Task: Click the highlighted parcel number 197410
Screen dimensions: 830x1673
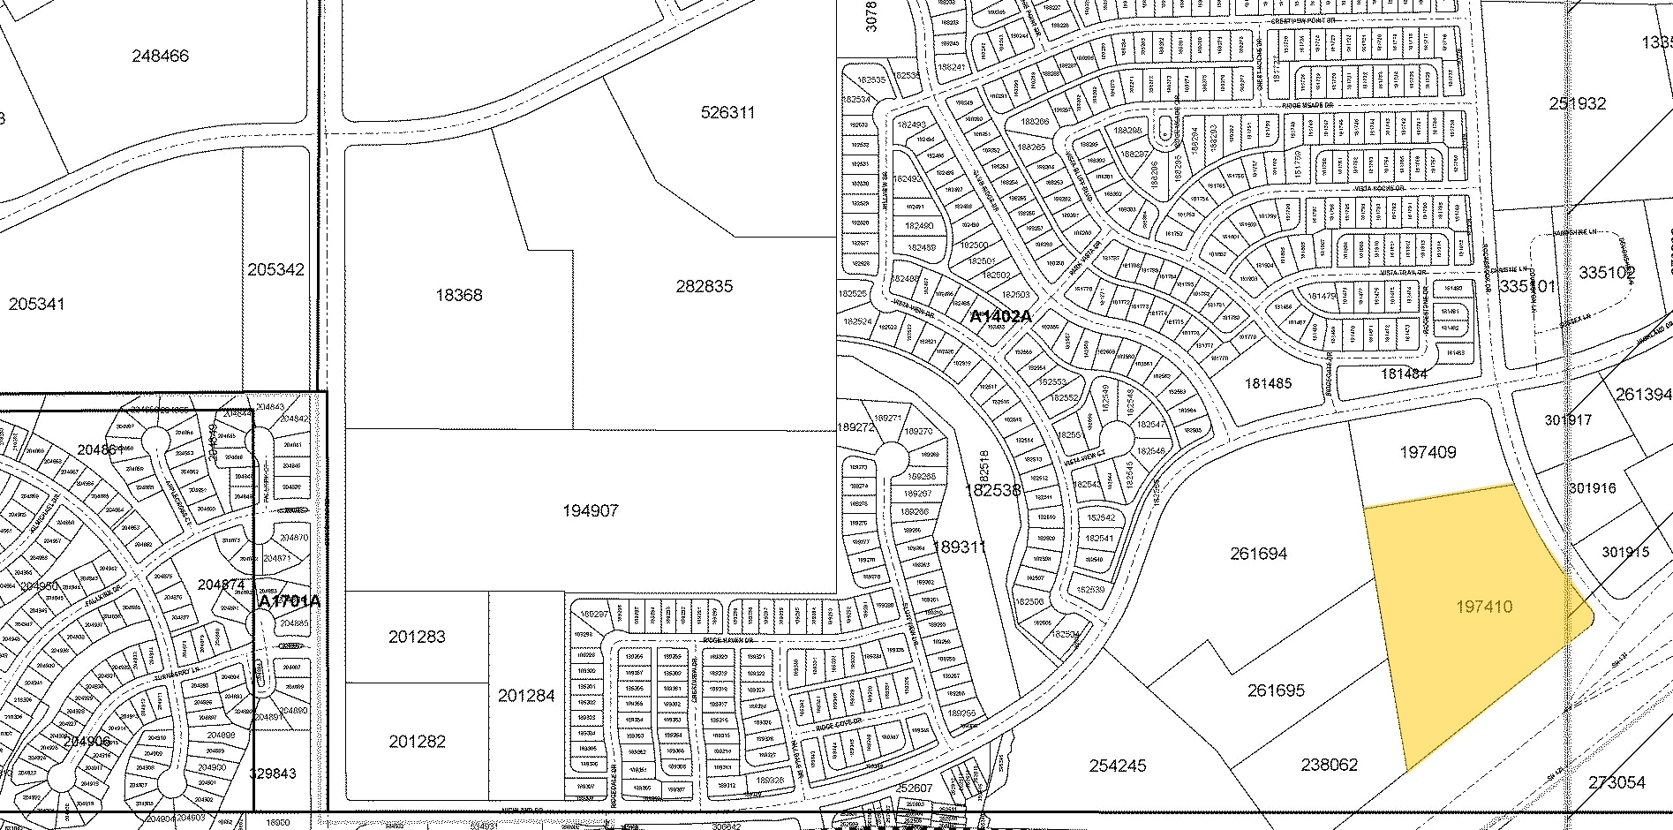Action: pyautogui.click(x=1484, y=607)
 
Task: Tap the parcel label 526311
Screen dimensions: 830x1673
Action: pyautogui.click(x=728, y=112)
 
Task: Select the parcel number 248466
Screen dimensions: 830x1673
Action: pyautogui.click(x=160, y=56)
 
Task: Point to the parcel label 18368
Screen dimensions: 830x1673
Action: pyautogui.click(x=459, y=295)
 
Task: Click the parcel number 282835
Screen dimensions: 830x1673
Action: pyautogui.click(x=705, y=286)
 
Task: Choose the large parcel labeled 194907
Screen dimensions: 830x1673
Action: pyautogui.click(x=590, y=510)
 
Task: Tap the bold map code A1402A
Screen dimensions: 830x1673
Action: pyautogui.click(x=1000, y=316)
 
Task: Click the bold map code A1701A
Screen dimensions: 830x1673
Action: pyautogui.click(x=289, y=601)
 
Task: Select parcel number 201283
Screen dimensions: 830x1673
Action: pyautogui.click(x=417, y=637)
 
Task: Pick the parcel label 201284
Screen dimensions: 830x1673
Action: pyautogui.click(x=526, y=696)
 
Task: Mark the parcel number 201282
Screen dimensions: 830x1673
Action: pyautogui.click(x=417, y=742)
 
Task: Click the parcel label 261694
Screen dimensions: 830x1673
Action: pyautogui.click(x=1258, y=554)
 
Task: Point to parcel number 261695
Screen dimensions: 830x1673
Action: pyautogui.click(x=1276, y=690)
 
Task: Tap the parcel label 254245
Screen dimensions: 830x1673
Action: pyautogui.click(x=1118, y=766)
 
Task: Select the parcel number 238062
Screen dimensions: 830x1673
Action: pyautogui.click(x=1329, y=765)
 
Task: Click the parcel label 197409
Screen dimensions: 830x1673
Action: pyautogui.click(x=1428, y=452)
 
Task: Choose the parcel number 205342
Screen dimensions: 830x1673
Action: pyautogui.click(x=275, y=269)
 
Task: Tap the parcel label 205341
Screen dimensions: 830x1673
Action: pyautogui.click(x=36, y=304)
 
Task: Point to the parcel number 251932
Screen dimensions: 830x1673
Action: pyautogui.click(x=1578, y=103)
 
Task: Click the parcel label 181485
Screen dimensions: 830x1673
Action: pyautogui.click(x=1268, y=383)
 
